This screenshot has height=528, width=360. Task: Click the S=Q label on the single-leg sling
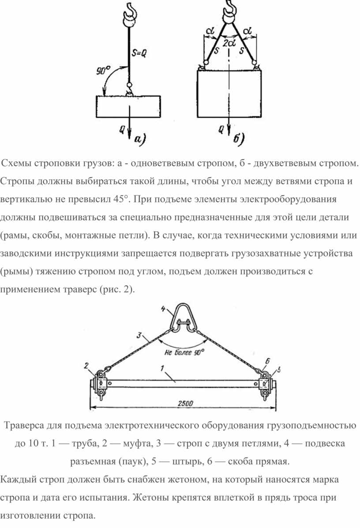tap(139, 53)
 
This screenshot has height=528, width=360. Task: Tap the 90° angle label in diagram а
tap(103, 71)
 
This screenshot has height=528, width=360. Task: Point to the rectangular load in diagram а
tap(128, 106)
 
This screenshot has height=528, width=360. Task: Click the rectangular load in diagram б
tap(229, 94)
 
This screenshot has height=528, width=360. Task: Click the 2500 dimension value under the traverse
tap(185, 404)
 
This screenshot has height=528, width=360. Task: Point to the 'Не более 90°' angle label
tap(184, 352)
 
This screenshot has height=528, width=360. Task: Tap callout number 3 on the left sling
tap(139, 335)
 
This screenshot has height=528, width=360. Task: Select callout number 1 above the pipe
tap(162, 368)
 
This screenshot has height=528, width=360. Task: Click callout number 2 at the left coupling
tap(86, 365)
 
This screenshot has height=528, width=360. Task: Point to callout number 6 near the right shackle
tap(267, 361)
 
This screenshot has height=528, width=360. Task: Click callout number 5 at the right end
tap(279, 370)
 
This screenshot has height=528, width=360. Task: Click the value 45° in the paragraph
tap(121, 199)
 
